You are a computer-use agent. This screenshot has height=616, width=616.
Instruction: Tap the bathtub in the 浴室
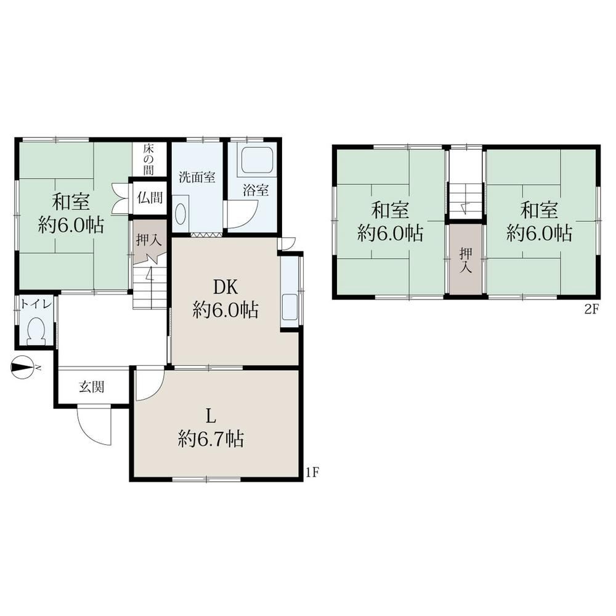(x=257, y=160)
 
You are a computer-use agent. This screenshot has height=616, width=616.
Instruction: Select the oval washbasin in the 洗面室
(x=180, y=214)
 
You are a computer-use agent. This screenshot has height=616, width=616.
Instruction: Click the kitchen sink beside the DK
(x=291, y=307)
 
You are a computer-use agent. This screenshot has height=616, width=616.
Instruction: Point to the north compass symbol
(x=22, y=368)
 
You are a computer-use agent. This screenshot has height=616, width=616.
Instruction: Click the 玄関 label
(x=92, y=387)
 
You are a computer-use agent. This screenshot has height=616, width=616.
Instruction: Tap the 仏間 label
(x=150, y=197)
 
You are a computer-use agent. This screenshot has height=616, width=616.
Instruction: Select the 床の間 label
(x=148, y=160)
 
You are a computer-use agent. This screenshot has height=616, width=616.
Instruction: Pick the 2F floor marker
(x=591, y=310)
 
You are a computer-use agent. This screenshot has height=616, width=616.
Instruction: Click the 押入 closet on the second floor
(x=466, y=259)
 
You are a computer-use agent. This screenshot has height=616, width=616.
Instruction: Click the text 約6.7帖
(x=211, y=439)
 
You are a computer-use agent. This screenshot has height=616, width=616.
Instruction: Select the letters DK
(x=225, y=287)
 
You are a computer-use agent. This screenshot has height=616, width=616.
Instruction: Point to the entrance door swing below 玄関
(x=95, y=426)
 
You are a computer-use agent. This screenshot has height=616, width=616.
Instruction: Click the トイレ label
(x=36, y=304)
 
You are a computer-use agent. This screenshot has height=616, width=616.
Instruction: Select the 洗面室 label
(x=197, y=177)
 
